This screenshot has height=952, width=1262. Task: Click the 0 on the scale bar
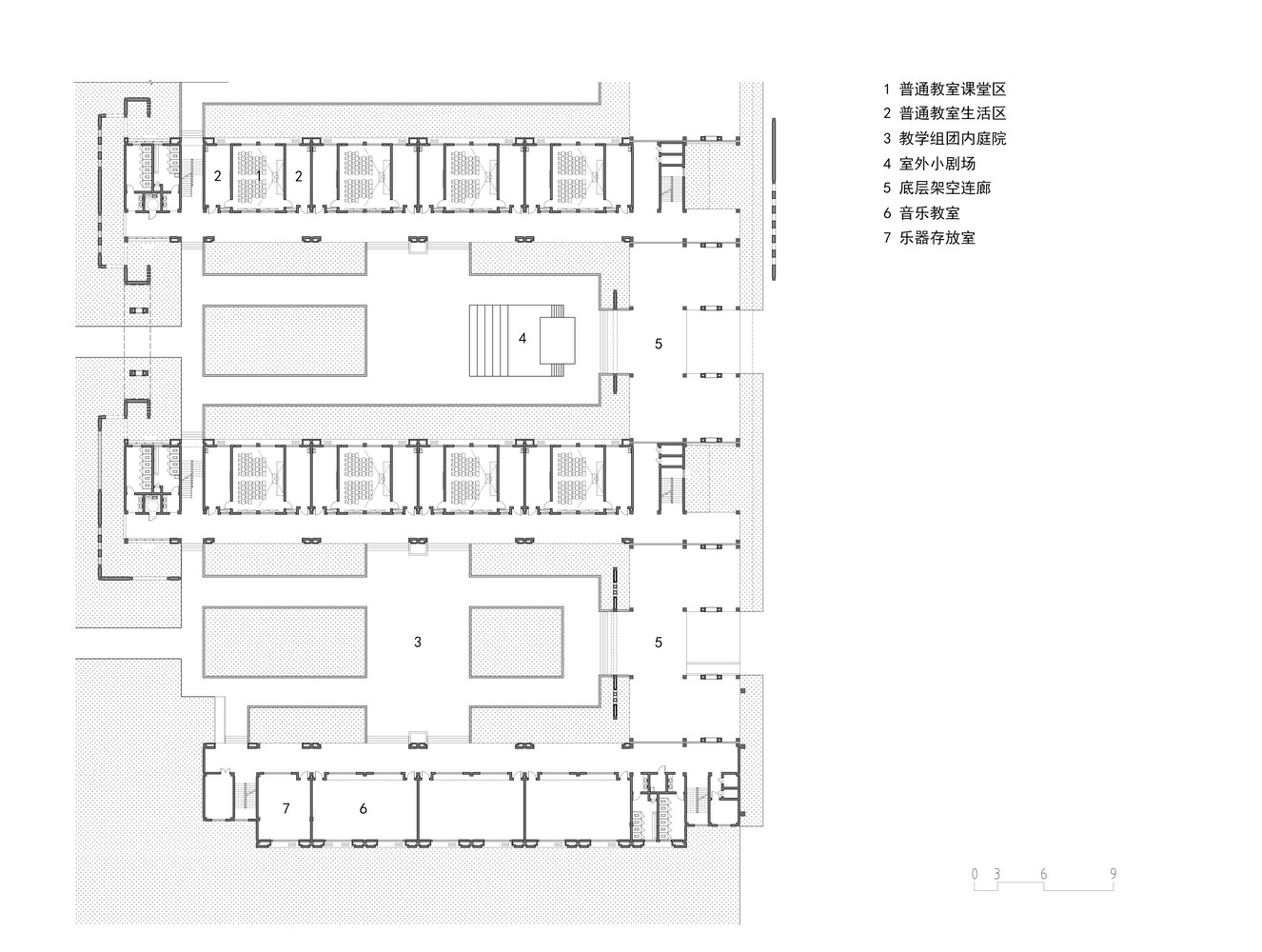pyautogui.click(x=974, y=874)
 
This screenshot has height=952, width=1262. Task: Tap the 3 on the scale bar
pyautogui.click(x=996, y=874)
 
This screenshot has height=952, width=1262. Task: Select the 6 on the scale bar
pyautogui.click(x=1044, y=874)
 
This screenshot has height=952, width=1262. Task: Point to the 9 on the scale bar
pyautogui.click(x=1113, y=874)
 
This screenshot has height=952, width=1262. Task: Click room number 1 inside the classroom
pyautogui.click(x=258, y=176)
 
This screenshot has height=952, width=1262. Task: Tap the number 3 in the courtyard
pyautogui.click(x=418, y=643)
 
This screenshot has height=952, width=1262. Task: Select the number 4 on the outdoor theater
pyautogui.click(x=523, y=338)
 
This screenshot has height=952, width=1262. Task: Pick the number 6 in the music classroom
pyautogui.click(x=364, y=808)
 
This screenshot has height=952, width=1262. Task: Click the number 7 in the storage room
pyautogui.click(x=286, y=808)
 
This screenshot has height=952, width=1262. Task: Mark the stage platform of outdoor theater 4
pyautogui.click(x=557, y=340)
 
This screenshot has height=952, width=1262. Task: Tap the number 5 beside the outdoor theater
pyautogui.click(x=659, y=344)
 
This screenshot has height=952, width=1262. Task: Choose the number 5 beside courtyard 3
pyautogui.click(x=659, y=643)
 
